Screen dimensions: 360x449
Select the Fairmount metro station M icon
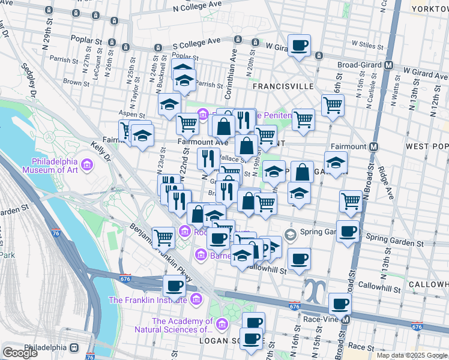coord(375,146)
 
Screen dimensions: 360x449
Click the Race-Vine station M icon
coord(345,320)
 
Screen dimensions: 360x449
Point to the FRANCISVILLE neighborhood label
coord(283,86)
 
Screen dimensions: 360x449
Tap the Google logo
coord(20,352)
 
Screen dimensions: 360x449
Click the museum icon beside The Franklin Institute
coord(196,299)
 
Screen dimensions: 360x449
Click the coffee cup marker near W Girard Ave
coord(299,45)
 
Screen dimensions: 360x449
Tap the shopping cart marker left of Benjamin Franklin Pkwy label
coord(163,238)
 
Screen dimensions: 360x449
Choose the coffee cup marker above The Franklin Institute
coord(174,286)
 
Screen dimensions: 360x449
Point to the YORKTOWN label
coord(429,8)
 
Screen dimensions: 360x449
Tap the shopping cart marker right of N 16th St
coord(351,202)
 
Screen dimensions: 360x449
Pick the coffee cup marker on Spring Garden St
coord(347,232)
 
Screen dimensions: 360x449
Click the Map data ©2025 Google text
coord(411,355)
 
